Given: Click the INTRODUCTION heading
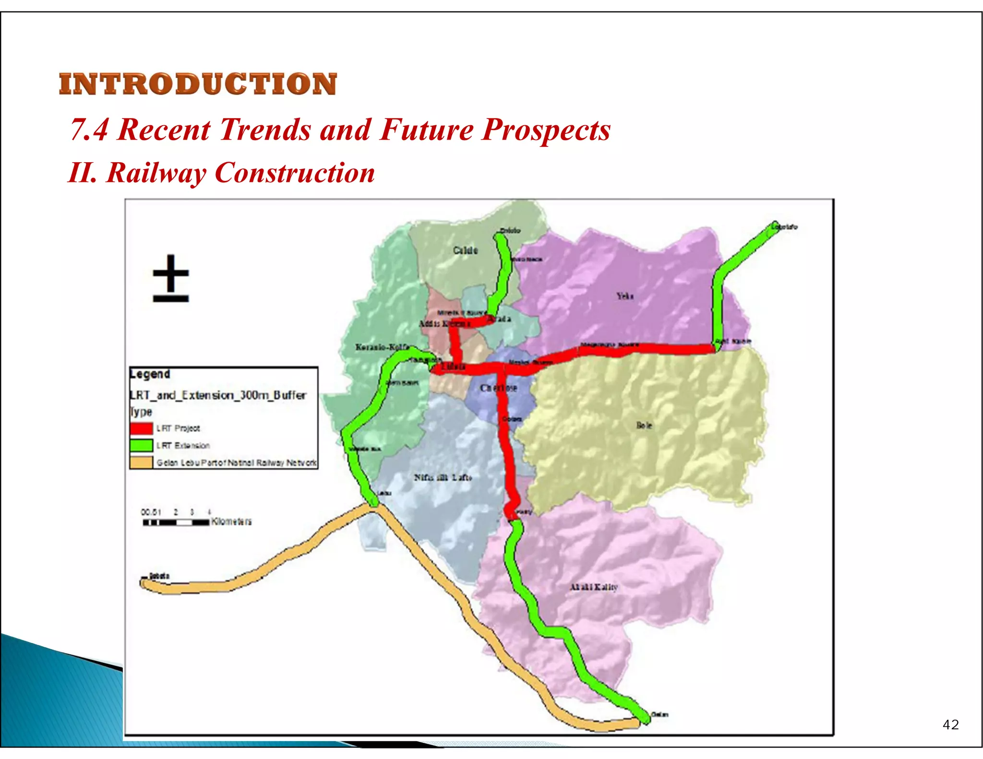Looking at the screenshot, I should coord(198,84).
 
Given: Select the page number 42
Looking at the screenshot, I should coord(950,724).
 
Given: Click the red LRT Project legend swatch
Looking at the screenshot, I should coord(141,428).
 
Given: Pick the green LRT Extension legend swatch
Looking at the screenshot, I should coord(141,445).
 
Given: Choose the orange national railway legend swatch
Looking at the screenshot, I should coord(141,463).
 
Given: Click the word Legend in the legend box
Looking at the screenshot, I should coord(150,374).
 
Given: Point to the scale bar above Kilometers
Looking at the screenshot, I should coord(176,522).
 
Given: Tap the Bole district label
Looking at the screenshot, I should coord(644,425).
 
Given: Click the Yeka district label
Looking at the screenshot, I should coord(625,296).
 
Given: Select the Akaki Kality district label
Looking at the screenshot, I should coord(593,587).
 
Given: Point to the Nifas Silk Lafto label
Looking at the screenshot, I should coord(443,477).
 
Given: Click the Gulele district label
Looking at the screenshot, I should coord(465,250).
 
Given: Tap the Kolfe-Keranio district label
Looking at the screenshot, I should coord(382,347).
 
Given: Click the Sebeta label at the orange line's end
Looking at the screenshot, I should coord(159,576).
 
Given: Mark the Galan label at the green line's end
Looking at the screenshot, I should coord(659,714).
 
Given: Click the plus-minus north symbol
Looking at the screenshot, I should coord(171,278).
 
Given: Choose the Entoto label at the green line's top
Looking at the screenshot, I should coord(510,230).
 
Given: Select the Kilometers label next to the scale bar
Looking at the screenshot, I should coord(231,522).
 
